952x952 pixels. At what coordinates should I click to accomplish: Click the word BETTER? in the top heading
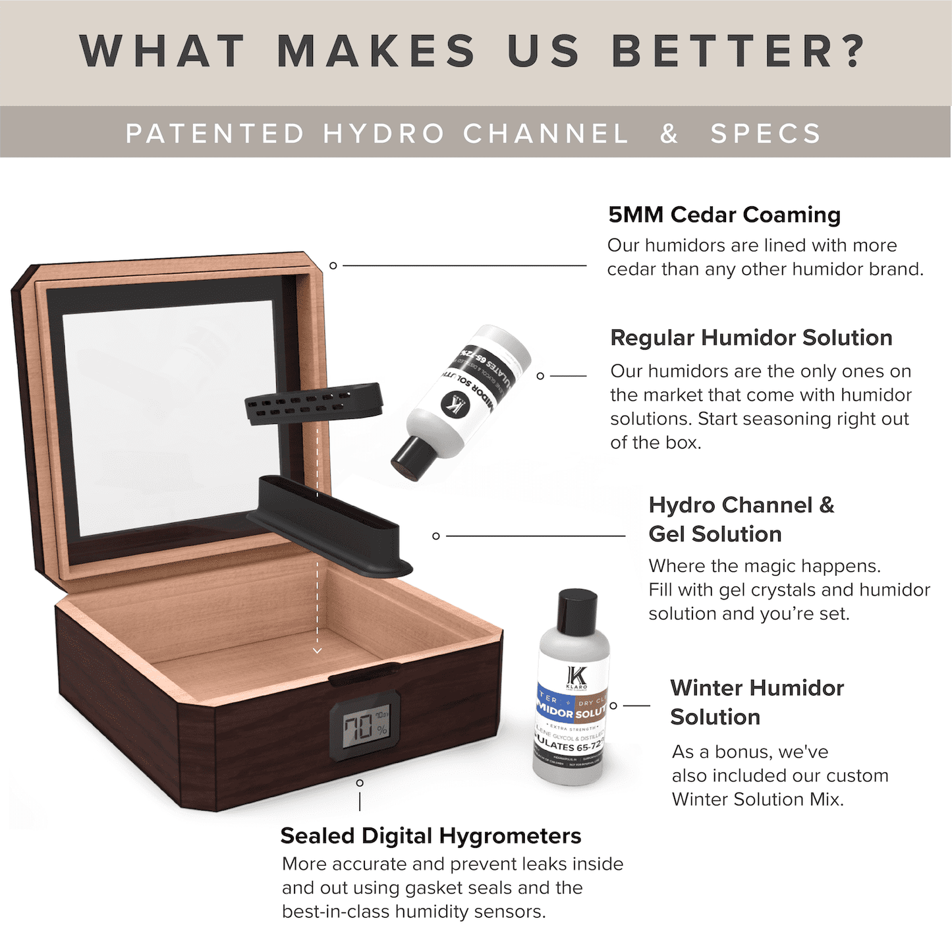click(738, 51)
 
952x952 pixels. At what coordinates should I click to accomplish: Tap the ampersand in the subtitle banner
click(669, 134)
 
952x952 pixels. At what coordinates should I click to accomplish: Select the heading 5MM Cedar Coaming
click(724, 215)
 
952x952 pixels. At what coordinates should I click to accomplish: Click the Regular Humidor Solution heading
click(751, 337)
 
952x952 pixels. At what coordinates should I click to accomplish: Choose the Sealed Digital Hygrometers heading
click(431, 835)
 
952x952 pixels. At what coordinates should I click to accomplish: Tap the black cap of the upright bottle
click(577, 612)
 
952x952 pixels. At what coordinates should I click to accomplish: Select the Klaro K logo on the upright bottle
click(577, 677)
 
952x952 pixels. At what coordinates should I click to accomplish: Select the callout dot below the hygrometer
click(360, 783)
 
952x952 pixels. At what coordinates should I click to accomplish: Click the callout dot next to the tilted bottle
click(540, 376)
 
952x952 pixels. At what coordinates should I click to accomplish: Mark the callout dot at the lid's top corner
click(333, 266)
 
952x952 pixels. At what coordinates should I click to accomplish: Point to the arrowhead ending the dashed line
click(318, 650)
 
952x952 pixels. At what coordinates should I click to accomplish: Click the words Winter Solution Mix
click(757, 799)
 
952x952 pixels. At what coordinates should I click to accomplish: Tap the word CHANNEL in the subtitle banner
click(546, 134)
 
